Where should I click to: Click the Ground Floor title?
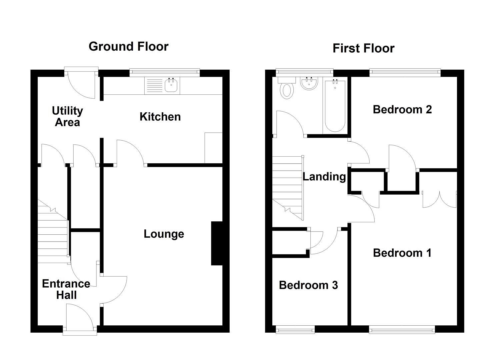(x=128, y=46)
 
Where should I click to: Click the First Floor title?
(x=363, y=48)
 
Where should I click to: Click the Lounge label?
(x=164, y=234)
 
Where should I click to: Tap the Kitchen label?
(x=160, y=117)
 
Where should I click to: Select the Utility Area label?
(x=67, y=116)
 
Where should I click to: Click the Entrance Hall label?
(x=66, y=289)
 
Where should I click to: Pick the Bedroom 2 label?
(x=402, y=109)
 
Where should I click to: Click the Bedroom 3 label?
(x=308, y=285)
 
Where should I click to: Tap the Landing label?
(x=324, y=176)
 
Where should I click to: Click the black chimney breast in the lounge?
(x=217, y=243)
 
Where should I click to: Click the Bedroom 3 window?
(x=295, y=330)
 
